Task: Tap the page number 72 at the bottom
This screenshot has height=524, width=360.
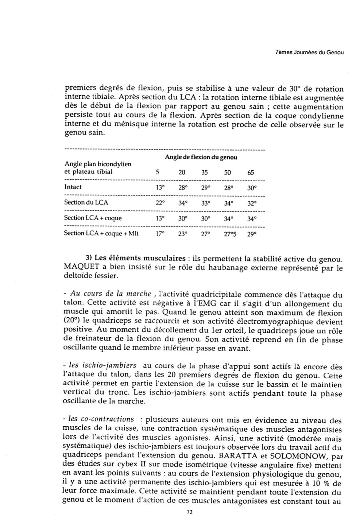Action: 189,512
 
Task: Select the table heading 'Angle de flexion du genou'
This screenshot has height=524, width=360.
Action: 201,158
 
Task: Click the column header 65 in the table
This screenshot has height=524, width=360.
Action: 251,173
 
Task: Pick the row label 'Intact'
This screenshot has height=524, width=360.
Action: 73,187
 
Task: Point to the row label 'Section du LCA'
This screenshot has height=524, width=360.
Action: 86,203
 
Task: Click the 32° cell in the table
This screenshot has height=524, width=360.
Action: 252,203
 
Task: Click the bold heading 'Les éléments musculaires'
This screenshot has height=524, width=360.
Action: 140,259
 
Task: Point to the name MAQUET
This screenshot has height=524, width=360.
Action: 81,268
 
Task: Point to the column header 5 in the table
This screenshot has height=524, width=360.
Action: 158,173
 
